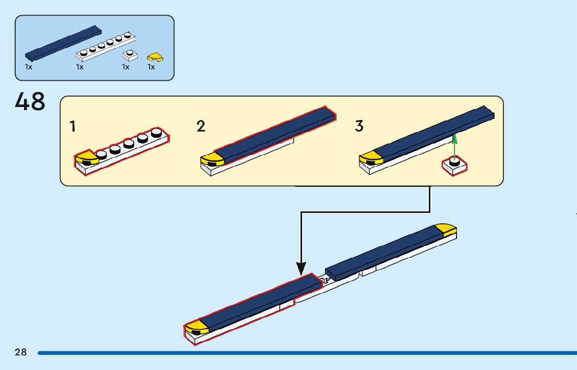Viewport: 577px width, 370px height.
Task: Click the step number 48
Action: pos(30,102)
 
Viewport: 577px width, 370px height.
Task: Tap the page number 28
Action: pos(21,352)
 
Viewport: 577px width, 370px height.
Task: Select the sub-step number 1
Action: pos(73,126)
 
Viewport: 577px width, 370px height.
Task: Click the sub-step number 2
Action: pos(201,126)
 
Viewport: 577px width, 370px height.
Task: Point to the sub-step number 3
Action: pos(359,126)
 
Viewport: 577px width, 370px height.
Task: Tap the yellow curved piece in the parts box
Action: pos(155,56)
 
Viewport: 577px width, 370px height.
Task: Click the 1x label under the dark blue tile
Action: pos(29,67)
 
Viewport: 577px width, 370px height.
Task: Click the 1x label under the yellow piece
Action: pos(151,67)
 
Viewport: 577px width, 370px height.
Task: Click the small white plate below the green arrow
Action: pos(454,166)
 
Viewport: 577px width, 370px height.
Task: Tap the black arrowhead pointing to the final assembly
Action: pos(301,268)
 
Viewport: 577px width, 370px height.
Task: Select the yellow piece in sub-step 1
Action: pos(86,159)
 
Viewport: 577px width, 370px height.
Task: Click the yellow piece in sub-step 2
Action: pos(212,160)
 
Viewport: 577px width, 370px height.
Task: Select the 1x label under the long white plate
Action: pos(80,67)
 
